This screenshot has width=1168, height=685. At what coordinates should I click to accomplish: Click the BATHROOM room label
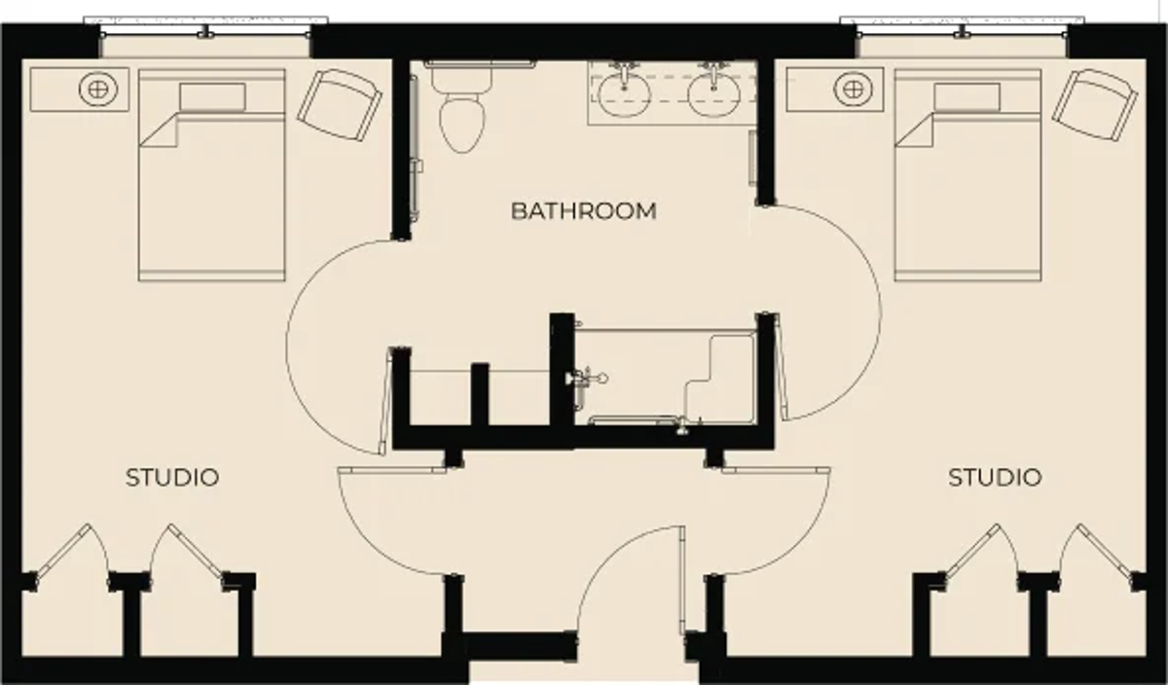tap(583, 211)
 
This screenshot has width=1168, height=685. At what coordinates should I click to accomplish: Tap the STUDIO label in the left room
tap(172, 478)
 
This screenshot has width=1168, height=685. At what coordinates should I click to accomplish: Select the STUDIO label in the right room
tap(995, 478)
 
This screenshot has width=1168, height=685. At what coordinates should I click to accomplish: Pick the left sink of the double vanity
tap(624, 93)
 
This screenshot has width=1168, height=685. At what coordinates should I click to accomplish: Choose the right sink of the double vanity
tap(713, 93)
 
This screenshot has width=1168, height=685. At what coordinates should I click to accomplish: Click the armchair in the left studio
tap(340, 105)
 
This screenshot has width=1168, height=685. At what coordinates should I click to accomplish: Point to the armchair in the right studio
tap(1094, 105)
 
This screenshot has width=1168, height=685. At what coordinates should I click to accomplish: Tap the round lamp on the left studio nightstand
tap(98, 90)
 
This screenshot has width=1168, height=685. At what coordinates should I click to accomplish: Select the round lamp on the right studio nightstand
tap(853, 90)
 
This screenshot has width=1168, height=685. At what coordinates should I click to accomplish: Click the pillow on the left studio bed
tap(213, 97)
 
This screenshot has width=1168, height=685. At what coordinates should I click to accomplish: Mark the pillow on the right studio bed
tap(967, 97)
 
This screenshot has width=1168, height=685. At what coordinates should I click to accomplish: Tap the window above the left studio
tap(206, 27)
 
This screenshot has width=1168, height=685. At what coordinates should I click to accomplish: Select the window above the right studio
tap(962, 27)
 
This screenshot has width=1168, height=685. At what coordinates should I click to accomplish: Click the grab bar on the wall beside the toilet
tap(415, 149)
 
